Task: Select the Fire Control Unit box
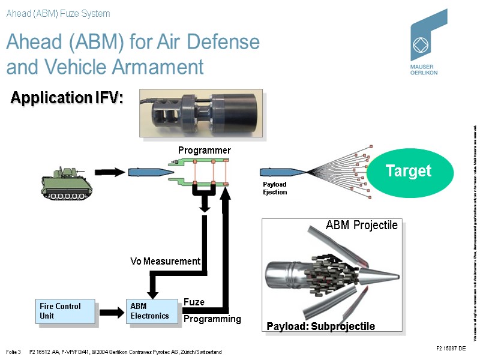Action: click(66, 311)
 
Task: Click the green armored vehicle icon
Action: click(63, 184)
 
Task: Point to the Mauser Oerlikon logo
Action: click(428, 42)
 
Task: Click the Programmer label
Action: click(204, 150)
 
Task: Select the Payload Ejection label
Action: click(275, 188)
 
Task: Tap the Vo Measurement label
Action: click(165, 261)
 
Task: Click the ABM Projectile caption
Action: click(361, 226)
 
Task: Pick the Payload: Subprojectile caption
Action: click(320, 326)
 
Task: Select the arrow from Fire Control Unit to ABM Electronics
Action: click(111, 311)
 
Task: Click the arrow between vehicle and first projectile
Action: click(108, 172)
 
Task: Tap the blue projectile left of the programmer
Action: click(145, 172)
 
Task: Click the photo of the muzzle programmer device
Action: click(201, 113)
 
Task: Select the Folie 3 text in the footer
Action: click(13, 352)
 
